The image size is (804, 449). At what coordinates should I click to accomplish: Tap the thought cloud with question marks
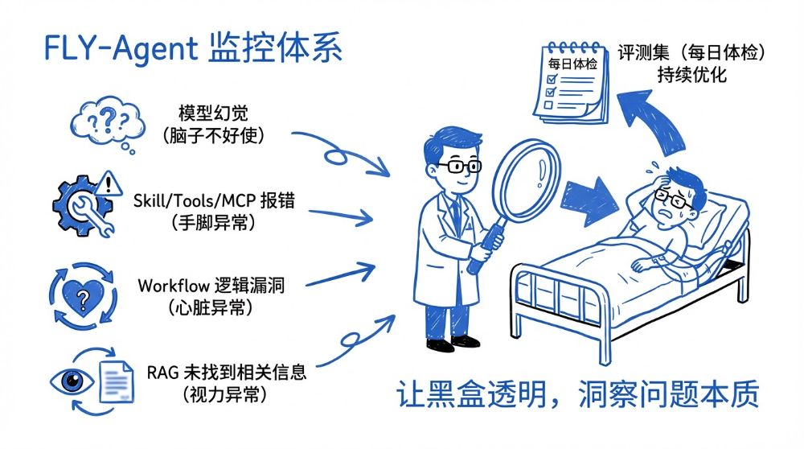pyautogui.click(x=108, y=124)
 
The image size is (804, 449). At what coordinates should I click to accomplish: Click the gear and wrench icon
pyautogui.click(x=80, y=204)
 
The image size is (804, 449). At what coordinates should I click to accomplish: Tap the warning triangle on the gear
pyautogui.click(x=109, y=179)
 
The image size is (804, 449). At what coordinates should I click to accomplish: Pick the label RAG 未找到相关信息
pyautogui.click(x=227, y=373)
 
